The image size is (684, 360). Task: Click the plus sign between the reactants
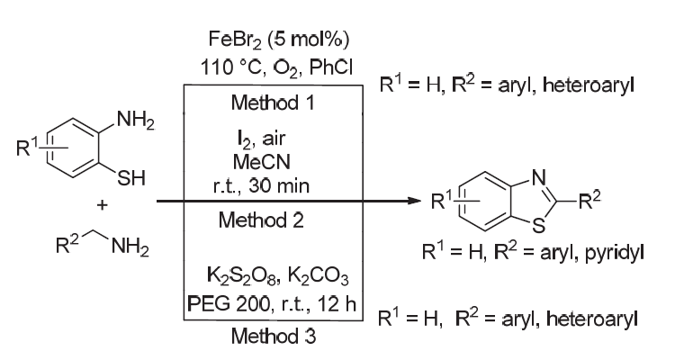[101, 204]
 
